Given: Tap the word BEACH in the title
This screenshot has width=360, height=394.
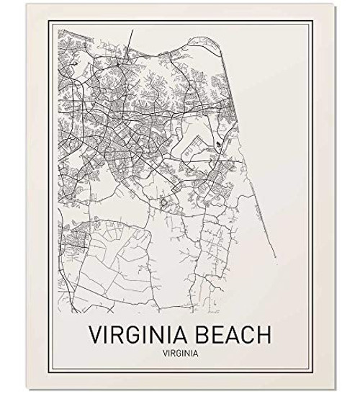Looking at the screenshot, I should click(x=230, y=335).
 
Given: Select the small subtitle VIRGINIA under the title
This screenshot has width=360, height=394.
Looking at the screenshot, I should click(x=179, y=354).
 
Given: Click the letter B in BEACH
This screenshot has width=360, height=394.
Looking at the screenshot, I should click(x=198, y=335).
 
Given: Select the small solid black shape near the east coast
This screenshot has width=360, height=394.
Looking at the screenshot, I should click(x=218, y=147).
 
